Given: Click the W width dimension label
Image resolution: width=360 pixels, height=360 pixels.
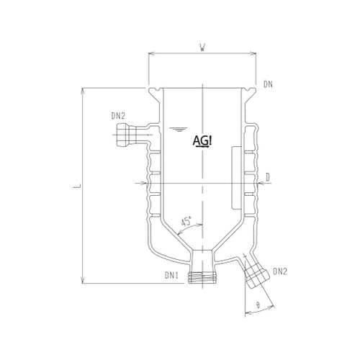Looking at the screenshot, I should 203,48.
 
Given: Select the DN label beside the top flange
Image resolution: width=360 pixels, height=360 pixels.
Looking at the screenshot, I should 268,85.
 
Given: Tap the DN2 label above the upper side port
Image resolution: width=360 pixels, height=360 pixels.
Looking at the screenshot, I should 119,114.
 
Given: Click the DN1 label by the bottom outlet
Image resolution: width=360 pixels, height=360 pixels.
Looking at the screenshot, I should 171,274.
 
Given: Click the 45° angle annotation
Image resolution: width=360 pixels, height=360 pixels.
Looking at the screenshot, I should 185,224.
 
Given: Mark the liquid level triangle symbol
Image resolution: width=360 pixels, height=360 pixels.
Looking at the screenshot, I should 175,129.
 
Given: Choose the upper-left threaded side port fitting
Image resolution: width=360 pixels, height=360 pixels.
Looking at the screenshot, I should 124,134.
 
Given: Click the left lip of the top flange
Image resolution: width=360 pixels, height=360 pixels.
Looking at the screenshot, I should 153,91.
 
